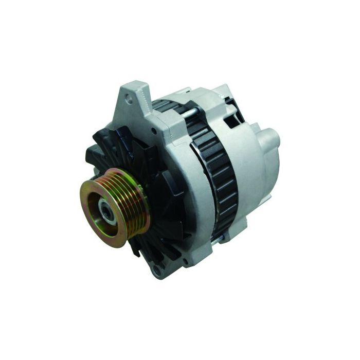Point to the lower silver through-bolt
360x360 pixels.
click(220, 237)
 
